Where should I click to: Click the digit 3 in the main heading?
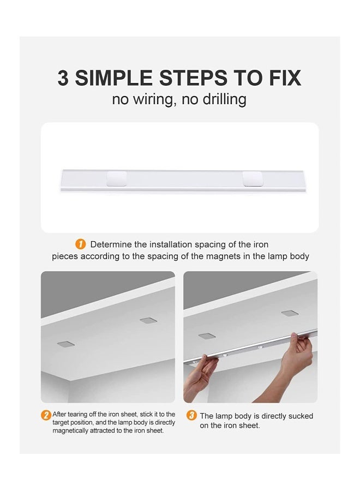(63, 77)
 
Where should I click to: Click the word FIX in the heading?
(285, 77)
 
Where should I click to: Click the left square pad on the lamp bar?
(117, 179)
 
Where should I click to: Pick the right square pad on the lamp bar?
(253, 179)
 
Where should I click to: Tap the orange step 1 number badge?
(80, 244)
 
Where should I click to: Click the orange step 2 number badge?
(46, 415)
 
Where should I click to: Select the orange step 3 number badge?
(191, 416)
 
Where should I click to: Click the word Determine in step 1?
(111, 244)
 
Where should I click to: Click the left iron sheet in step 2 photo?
(66, 344)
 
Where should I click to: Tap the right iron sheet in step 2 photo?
(148, 320)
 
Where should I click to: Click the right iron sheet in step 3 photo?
(290, 313)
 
